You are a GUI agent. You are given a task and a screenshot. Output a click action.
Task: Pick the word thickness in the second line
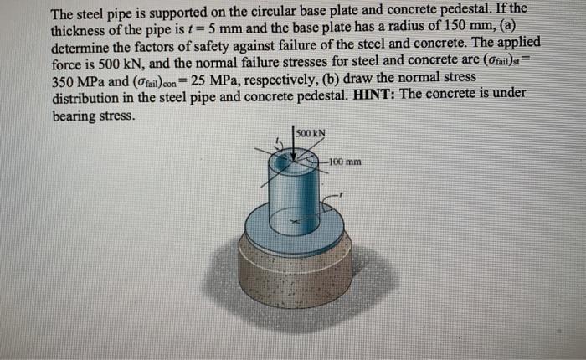tap(81, 28)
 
